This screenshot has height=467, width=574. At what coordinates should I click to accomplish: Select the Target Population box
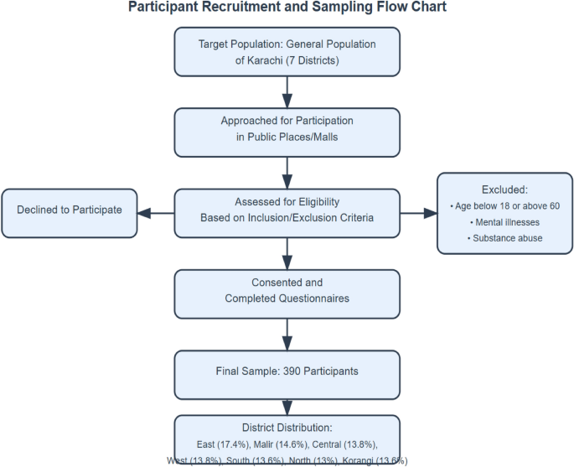287,52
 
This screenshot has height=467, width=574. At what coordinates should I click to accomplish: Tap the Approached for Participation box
287,129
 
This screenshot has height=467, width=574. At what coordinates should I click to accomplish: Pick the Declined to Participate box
70,210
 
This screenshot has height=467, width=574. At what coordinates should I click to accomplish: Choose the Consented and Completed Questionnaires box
287,291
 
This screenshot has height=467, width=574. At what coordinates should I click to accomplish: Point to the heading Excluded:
505,189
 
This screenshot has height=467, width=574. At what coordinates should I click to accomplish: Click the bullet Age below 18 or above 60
505,206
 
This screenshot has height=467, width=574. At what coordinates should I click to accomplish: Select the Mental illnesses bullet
505,222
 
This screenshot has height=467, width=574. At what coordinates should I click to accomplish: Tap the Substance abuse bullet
505,238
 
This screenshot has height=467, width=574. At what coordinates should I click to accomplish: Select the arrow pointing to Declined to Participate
156,213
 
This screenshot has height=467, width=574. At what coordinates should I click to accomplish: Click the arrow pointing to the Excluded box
418,213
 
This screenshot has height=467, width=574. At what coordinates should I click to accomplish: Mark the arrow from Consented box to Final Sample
287,333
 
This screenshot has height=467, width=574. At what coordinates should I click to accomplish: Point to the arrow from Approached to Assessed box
287,171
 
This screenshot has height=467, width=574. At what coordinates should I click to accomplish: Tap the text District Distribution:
287,427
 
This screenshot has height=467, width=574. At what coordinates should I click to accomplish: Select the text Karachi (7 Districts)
287,60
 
